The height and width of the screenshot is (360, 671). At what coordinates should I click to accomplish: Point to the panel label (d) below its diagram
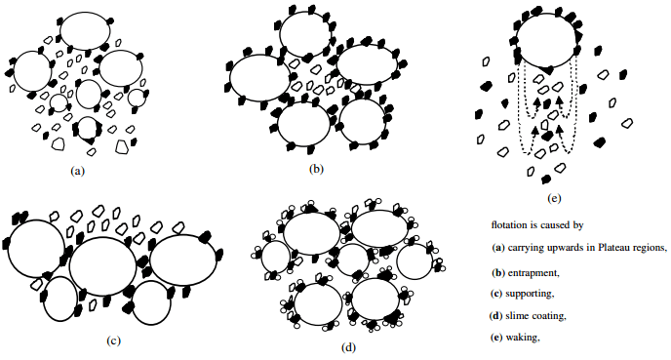348,345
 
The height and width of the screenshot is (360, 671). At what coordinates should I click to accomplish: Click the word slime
523,315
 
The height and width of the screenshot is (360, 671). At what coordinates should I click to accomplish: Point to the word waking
524,338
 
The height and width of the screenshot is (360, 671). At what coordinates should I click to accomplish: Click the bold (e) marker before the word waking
497,338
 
